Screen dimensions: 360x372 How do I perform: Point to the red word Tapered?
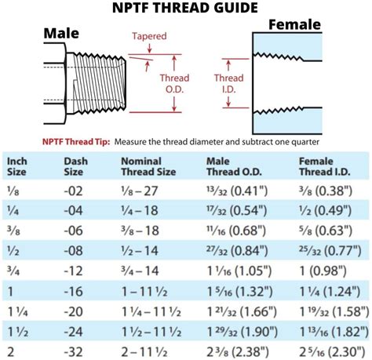(149, 36)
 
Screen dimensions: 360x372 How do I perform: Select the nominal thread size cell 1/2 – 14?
(140, 249)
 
